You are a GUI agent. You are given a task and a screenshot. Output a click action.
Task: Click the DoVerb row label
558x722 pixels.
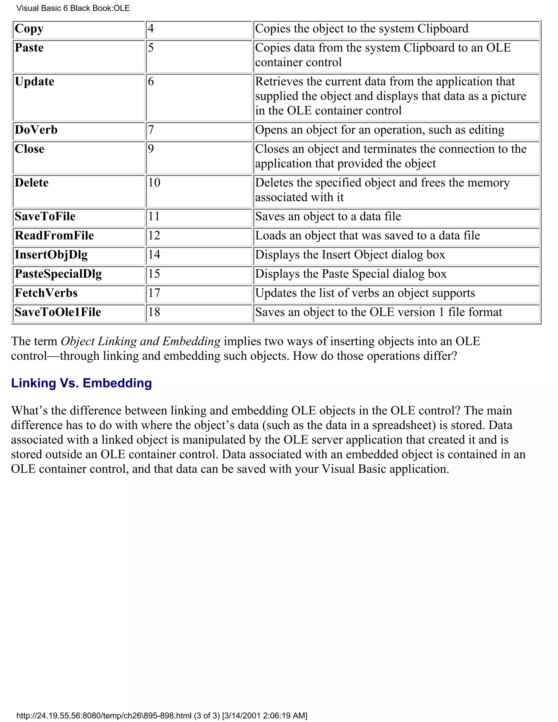(36, 130)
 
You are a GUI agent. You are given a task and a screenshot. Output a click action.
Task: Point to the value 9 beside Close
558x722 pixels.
(151, 149)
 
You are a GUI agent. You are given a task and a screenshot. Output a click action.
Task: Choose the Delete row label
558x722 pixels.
(32, 183)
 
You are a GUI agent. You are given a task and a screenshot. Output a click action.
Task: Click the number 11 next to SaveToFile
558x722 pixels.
(154, 217)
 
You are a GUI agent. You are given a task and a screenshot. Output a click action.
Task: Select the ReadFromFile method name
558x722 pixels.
(54, 236)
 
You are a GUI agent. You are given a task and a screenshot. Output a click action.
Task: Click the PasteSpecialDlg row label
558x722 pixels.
(58, 274)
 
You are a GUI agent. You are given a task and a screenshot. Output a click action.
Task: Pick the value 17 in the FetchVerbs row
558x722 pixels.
(154, 293)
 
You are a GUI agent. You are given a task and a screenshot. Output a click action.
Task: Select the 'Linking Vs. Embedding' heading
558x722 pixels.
(81, 383)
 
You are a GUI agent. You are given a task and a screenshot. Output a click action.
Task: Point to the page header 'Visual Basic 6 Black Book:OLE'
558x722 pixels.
(73, 8)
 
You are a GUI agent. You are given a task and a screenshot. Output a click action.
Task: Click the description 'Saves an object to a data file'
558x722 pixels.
(328, 217)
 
